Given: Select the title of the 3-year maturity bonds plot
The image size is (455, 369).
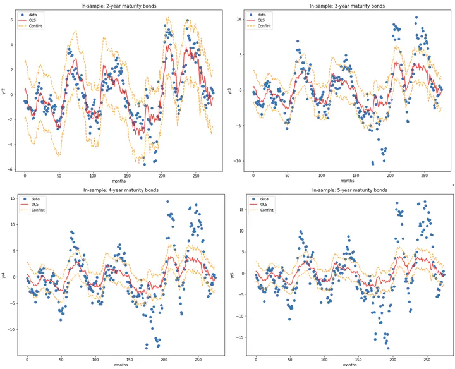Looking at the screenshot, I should tap(346, 6).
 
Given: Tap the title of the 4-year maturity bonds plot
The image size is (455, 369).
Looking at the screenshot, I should tap(121, 190).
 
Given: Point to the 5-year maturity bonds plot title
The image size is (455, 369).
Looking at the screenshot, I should tap(349, 190).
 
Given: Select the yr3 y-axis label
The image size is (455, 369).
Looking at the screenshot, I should tap(230, 90).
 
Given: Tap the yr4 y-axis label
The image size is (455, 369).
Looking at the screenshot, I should tap(4, 275).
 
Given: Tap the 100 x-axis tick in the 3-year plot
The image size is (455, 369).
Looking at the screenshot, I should tap(322, 175).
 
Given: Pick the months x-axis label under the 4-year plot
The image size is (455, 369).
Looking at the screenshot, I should tap(121, 365).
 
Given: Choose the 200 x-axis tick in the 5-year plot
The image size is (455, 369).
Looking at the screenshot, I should tap(392, 360).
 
